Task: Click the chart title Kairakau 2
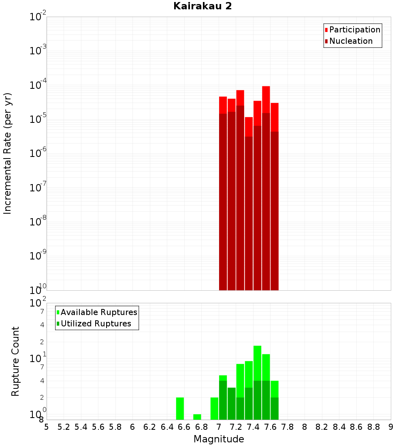[x=202, y=6]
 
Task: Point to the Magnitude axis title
[x=219, y=439]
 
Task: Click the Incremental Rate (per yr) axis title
[x=8, y=154]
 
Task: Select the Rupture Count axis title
[x=15, y=361]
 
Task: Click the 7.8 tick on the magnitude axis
[x=288, y=427]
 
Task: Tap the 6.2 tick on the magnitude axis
[x=150, y=427]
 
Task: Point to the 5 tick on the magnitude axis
[x=47, y=427]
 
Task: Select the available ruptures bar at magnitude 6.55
[x=180, y=409]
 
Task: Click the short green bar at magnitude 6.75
[x=197, y=417]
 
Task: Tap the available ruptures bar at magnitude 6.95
[x=214, y=409]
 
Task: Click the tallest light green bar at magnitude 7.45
[x=257, y=363]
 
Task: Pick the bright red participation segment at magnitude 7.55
[x=266, y=99]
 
